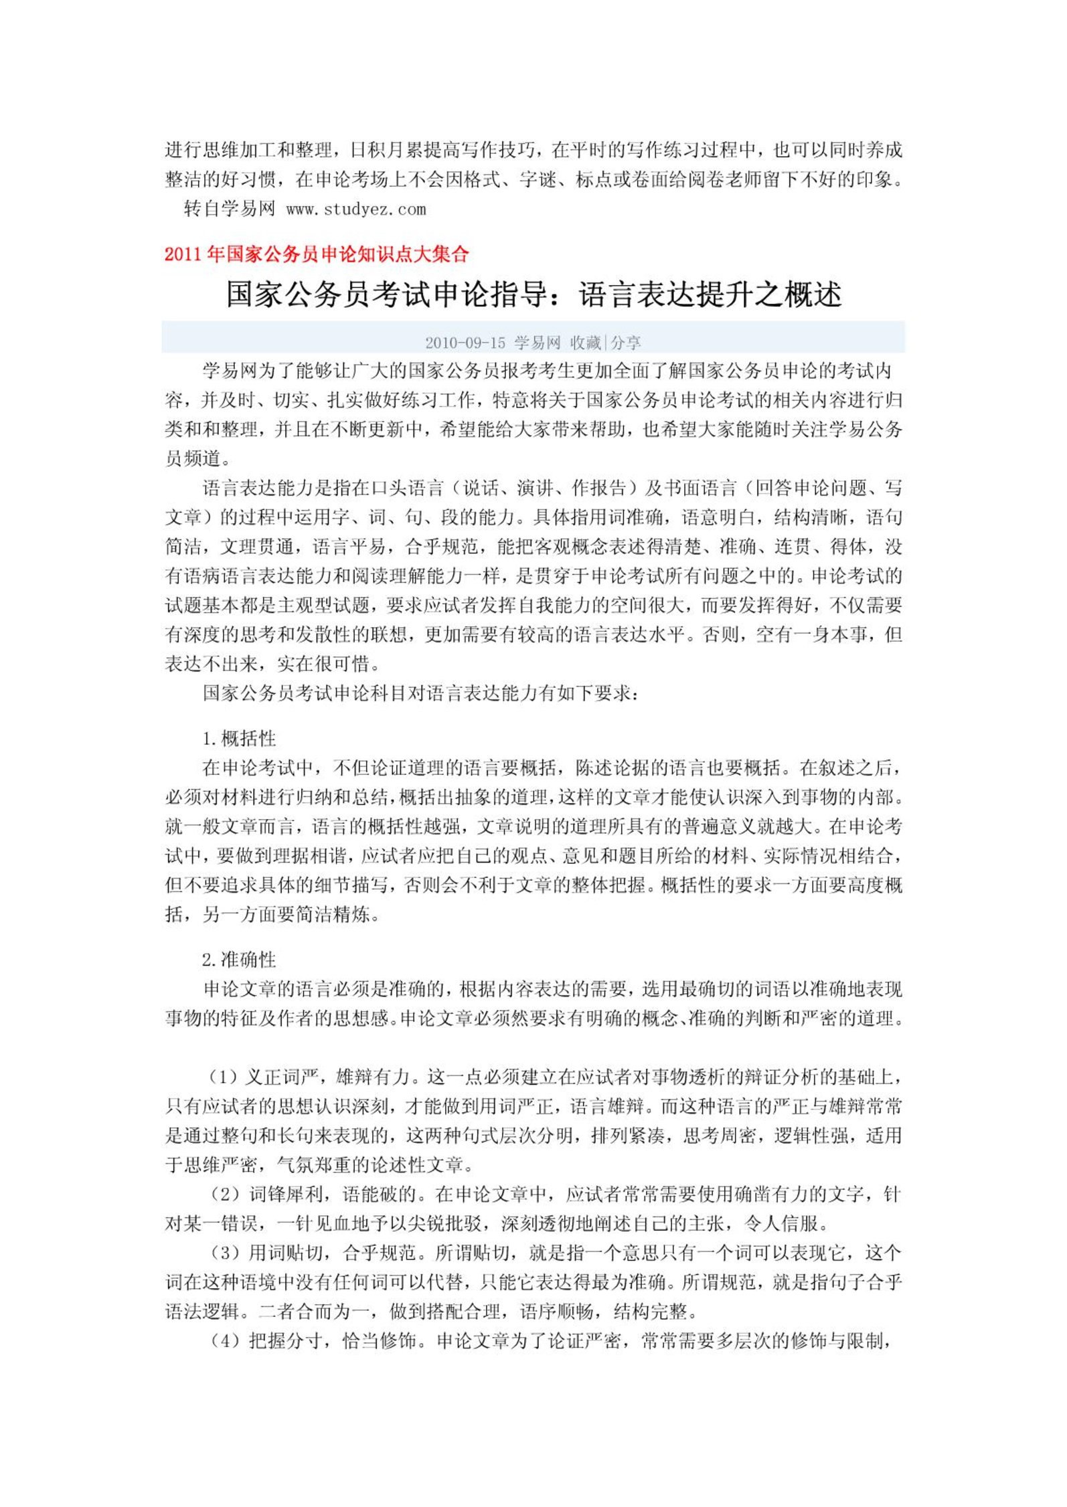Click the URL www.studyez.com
[x=355, y=209]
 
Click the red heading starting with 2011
[x=317, y=254]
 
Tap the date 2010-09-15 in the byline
[x=465, y=343]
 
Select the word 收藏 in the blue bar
[x=586, y=343]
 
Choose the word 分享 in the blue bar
[x=625, y=343]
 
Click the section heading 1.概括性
[x=239, y=738]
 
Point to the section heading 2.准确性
[x=239, y=960]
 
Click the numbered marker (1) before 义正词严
[x=223, y=1077]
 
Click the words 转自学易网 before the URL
[x=229, y=209]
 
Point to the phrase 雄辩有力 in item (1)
[x=372, y=1077]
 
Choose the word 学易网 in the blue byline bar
[x=537, y=343]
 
